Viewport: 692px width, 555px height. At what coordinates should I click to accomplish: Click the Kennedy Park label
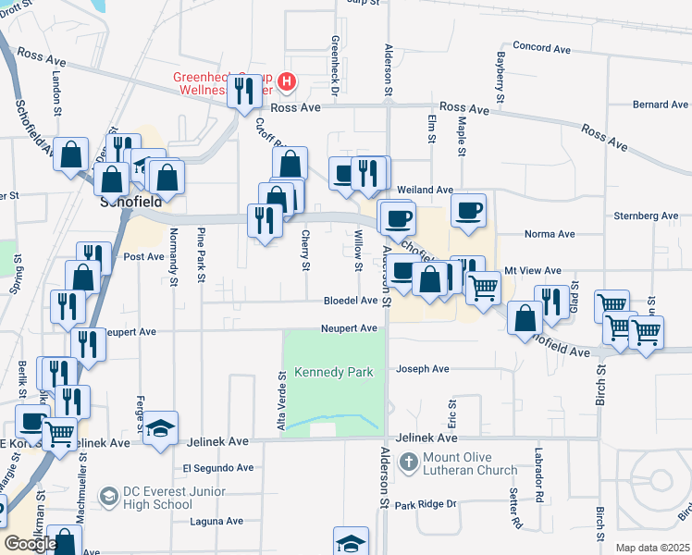click(x=333, y=372)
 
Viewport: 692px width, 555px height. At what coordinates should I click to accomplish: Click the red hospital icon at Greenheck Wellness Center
click(x=287, y=82)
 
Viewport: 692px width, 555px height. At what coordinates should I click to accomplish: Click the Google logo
click(x=31, y=544)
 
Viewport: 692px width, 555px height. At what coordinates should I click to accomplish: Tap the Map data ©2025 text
click(x=653, y=548)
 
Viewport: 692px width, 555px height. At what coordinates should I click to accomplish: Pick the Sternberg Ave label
click(x=646, y=216)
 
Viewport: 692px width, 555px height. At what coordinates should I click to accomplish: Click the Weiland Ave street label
click(x=425, y=189)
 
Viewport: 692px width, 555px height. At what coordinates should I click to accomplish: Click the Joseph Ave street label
click(x=423, y=369)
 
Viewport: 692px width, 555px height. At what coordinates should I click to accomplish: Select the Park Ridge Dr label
click(x=426, y=504)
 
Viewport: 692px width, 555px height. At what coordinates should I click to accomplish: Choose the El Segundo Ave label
click(x=217, y=468)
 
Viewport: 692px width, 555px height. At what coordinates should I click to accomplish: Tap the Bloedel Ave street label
click(x=351, y=301)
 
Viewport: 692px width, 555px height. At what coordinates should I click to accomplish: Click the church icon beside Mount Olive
click(x=408, y=461)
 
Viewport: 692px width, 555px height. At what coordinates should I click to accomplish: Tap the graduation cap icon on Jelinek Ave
click(x=160, y=427)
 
